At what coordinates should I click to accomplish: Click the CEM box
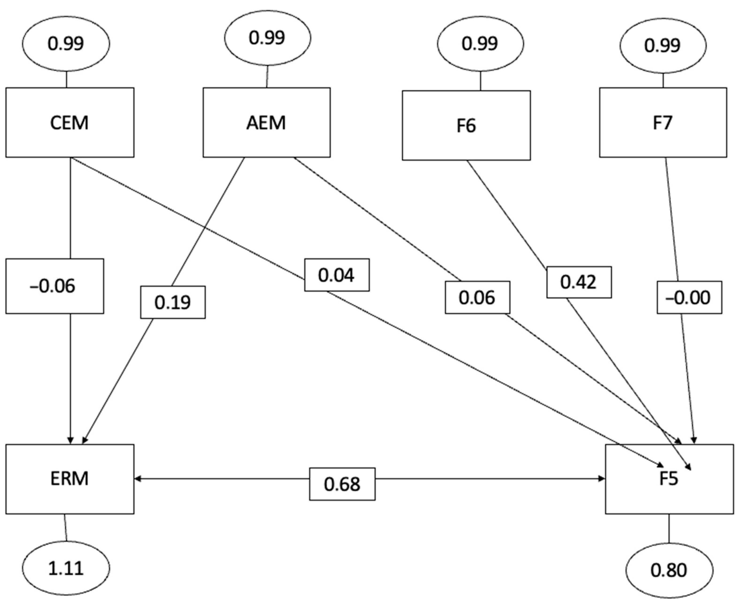[x=69, y=123]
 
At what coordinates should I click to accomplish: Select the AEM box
[x=267, y=123]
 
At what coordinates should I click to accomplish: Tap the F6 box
[x=466, y=126]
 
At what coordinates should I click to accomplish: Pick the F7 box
[x=663, y=123]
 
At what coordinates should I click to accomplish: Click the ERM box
[x=69, y=479]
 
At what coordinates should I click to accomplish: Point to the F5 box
[x=669, y=479]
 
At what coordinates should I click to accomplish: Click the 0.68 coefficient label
[x=342, y=484]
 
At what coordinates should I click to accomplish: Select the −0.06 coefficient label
[x=54, y=286]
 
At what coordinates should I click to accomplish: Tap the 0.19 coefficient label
[x=173, y=302]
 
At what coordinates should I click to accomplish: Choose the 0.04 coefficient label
[x=337, y=275]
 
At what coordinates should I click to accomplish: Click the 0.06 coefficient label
[x=477, y=297]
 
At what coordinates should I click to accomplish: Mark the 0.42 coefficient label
[x=579, y=282]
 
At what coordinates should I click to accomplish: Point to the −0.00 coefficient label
[x=689, y=297]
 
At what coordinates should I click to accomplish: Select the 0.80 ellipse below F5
[x=669, y=570]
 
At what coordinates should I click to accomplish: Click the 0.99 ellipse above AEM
[x=267, y=37]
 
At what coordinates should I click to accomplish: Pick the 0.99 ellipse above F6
[x=480, y=44]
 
